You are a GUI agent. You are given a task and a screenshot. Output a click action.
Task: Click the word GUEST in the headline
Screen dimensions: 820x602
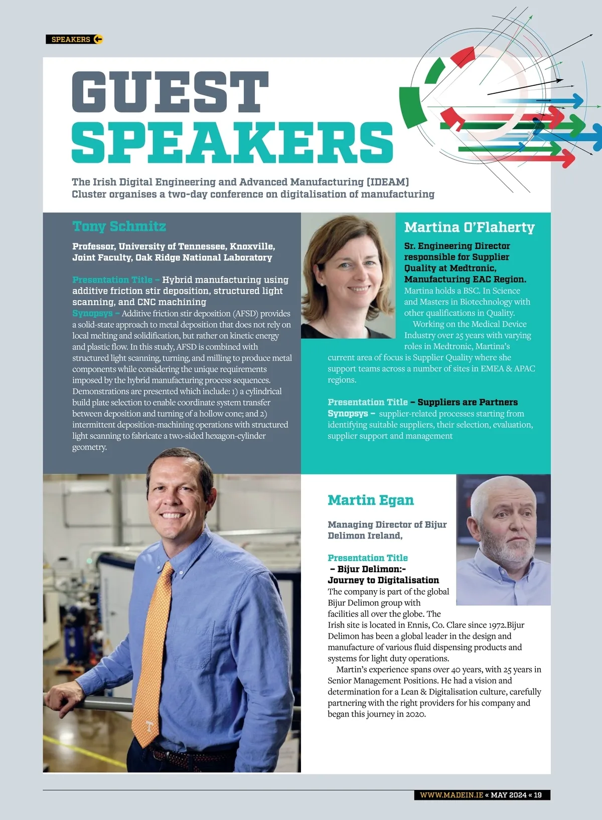pos(171,92)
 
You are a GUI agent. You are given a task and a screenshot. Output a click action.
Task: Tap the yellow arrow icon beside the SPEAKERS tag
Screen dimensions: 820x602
pos(98,39)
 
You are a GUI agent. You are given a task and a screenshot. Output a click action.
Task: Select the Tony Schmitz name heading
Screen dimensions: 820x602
pos(119,226)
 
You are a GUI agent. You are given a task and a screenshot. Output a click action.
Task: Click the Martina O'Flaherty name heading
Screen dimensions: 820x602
pos(469,227)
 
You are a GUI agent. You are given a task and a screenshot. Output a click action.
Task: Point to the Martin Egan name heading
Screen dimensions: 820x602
pos(371,500)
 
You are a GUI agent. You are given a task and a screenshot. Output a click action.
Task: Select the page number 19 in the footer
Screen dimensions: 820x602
pos(537,795)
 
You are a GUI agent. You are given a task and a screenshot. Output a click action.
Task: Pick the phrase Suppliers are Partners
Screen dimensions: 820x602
pos(468,402)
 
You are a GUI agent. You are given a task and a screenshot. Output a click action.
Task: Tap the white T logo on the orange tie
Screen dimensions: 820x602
pos(148,726)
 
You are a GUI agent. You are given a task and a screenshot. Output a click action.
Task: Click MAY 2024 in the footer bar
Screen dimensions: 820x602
pos(508,795)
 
